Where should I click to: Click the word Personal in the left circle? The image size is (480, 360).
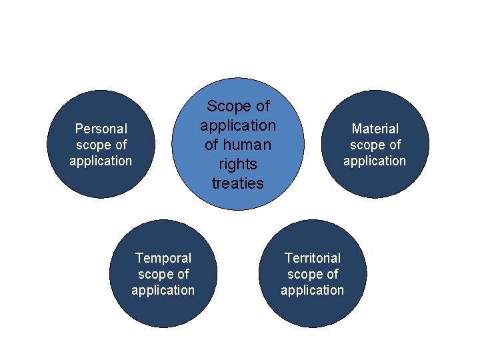pyautogui.click(x=101, y=128)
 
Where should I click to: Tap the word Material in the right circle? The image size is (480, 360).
pyautogui.click(x=375, y=128)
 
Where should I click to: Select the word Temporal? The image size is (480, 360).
pyautogui.click(x=163, y=257)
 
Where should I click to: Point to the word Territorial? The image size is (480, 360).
pyautogui.click(x=312, y=257)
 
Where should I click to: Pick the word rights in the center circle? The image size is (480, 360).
pyautogui.click(x=238, y=163)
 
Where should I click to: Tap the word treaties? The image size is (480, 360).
pyautogui.click(x=238, y=183)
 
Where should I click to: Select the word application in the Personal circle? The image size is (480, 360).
pyautogui.click(x=101, y=161)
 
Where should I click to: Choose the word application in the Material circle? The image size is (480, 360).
pyautogui.click(x=375, y=161)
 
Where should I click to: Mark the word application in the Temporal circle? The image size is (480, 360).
pyautogui.click(x=163, y=290)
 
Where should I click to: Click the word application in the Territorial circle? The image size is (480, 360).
pyautogui.click(x=312, y=290)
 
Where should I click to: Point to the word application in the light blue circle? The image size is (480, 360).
pyautogui.click(x=238, y=125)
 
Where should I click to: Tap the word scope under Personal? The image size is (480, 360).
pyautogui.click(x=93, y=145)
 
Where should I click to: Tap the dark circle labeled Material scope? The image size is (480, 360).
pyautogui.click(x=375, y=183)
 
